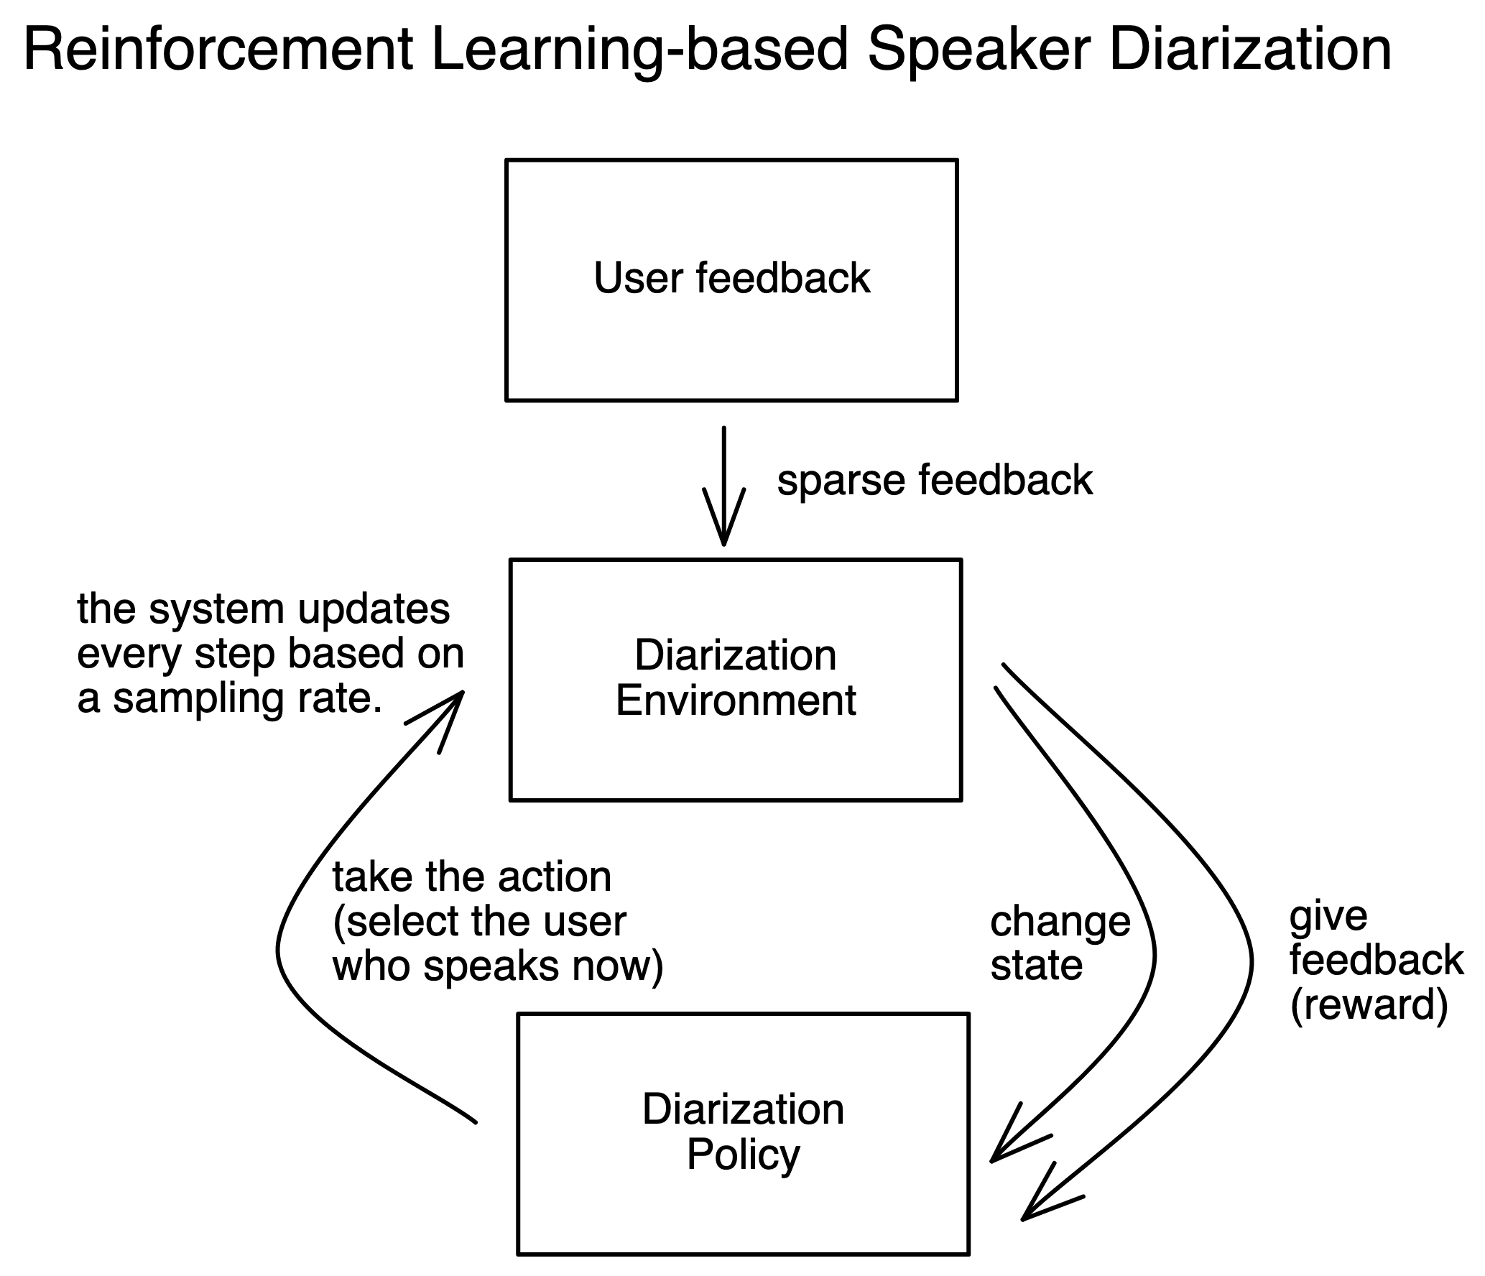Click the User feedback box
(731, 279)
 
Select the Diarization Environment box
(735, 679)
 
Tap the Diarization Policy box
(743, 1134)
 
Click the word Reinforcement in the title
(218, 50)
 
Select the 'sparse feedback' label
(935, 480)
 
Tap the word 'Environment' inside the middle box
(736, 701)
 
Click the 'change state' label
(1060, 943)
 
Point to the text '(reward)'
(1369, 1004)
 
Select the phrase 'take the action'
(472, 877)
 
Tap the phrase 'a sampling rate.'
(230, 698)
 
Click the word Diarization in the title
(1250, 50)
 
